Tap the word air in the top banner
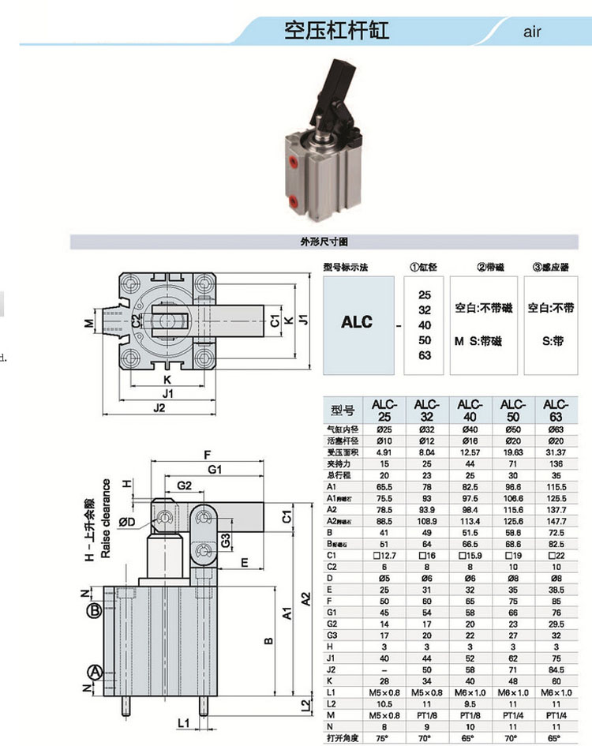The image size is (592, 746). tap(532, 33)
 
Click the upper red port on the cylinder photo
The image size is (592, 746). tap(294, 163)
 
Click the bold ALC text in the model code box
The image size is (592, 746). tap(357, 322)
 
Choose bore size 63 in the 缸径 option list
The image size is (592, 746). tap(425, 355)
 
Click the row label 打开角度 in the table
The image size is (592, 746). tap(341, 739)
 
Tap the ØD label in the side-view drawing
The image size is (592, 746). tap(128, 522)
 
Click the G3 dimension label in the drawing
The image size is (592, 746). tap(226, 542)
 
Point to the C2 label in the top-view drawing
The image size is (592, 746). tap(136, 321)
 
